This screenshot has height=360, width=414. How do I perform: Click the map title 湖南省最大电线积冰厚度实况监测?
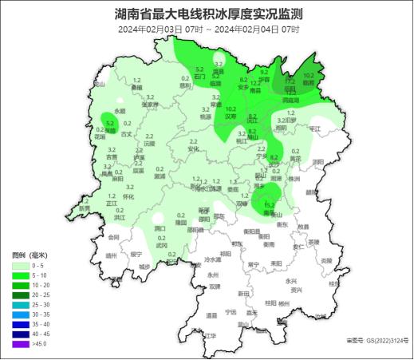pos(208,14)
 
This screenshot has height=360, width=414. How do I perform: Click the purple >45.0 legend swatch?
pos(20,344)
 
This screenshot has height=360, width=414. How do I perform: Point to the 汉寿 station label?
pos(231,116)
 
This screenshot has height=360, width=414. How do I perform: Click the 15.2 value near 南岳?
pos(270,204)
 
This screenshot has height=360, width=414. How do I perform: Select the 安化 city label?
pos(193,148)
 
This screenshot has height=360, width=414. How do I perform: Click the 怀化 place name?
pos(129,196)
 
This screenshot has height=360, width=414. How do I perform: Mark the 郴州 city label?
pos(285,304)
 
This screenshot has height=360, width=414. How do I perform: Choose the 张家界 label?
pos(149,104)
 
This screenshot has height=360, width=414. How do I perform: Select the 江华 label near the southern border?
pos(211,336)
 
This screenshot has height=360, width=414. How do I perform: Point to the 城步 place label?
pos(144,266)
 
